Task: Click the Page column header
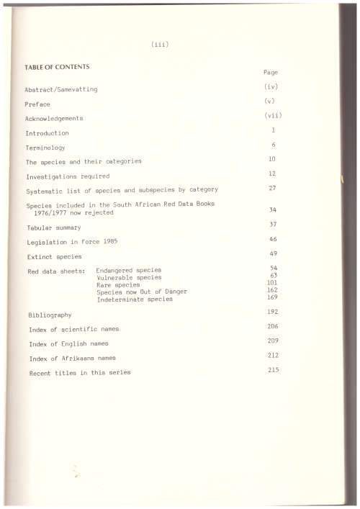point(271,73)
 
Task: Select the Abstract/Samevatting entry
point(61,89)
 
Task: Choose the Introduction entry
point(48,134)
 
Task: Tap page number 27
point(273,187)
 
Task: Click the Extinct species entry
point(54,256)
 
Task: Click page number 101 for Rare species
point(272,283)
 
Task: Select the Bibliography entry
point(50,315)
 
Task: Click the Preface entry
point(37,104)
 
